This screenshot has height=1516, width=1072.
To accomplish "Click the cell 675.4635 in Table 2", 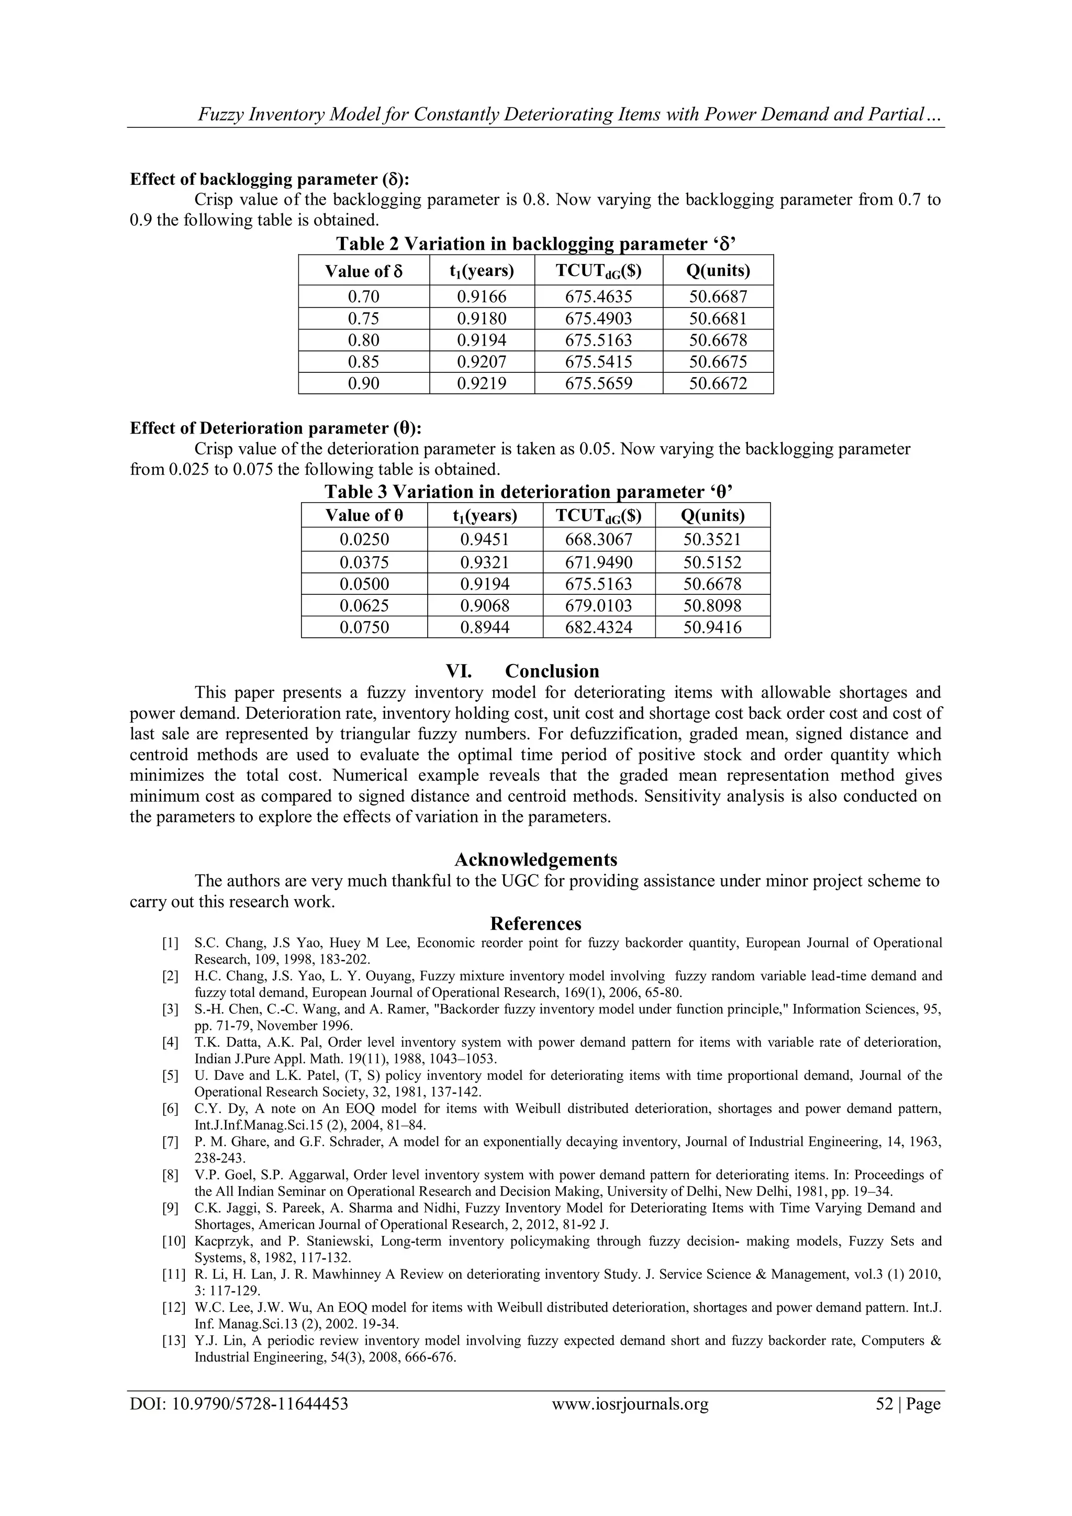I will (598, 296).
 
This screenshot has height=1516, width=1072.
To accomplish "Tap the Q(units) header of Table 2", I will (718, 271).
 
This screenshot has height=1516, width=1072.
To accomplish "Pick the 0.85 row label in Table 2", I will (364, 362).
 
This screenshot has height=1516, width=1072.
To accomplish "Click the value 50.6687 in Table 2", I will (718, 296).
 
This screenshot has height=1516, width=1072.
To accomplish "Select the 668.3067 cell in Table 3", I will (599, 539).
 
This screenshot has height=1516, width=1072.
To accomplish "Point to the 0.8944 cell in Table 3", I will (485, 627).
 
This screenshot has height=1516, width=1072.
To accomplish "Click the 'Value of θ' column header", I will (364, 516).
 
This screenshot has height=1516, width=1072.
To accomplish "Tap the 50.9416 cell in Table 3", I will (712, 627).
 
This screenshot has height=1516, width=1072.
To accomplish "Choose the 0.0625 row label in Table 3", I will (364, 605).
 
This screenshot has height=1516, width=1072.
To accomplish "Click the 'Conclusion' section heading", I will (552, 671).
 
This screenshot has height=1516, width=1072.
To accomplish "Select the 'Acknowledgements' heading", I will (535, 860).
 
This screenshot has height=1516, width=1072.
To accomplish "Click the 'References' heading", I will (535, 923).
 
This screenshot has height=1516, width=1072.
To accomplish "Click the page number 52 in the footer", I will (884, 1404).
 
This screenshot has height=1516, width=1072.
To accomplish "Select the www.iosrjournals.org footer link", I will (630, 1404).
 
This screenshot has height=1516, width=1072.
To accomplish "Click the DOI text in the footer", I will (239, 1404).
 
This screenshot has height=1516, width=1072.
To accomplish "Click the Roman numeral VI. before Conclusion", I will (459, 671).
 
